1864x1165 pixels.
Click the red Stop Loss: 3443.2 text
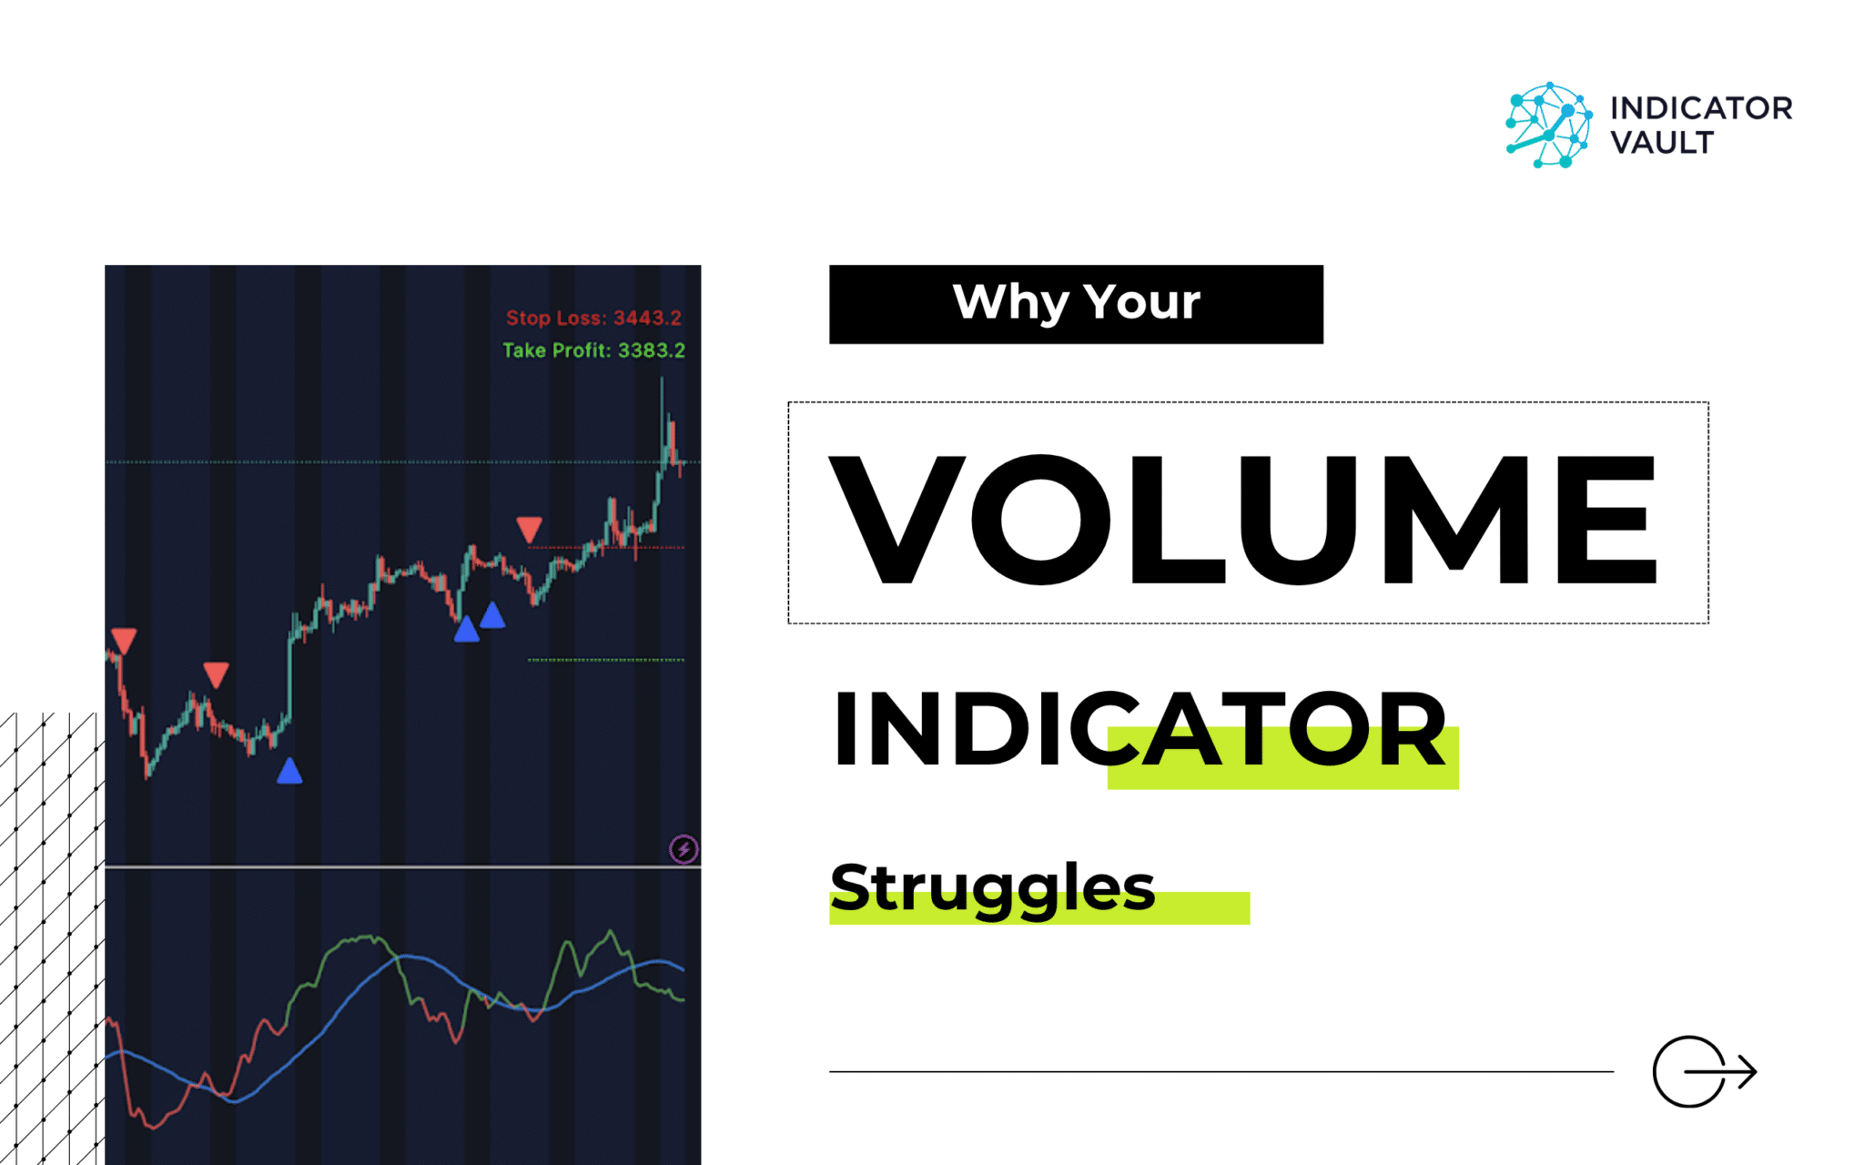point(593,318)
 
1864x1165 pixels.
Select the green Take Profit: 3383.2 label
point(593,350)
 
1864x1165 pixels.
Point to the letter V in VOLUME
point(897,519)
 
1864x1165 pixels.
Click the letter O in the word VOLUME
point(1040,519)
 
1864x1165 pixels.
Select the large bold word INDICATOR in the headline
point(1139,728)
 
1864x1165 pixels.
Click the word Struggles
point(992,887)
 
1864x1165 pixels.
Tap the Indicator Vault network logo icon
point(1548,125)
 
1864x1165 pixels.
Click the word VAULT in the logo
point(1662,143)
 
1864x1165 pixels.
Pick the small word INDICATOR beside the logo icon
point(1701,108)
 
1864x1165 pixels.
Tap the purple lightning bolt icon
point(684,849)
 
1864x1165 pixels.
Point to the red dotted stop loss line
point(606,548)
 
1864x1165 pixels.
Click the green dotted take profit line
point(606,660)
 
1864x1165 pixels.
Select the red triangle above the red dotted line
point(529,529)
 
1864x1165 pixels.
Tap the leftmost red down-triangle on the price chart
point(124,640)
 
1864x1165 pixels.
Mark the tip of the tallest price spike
point(662,376)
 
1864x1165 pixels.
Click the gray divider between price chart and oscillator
point(402,867)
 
